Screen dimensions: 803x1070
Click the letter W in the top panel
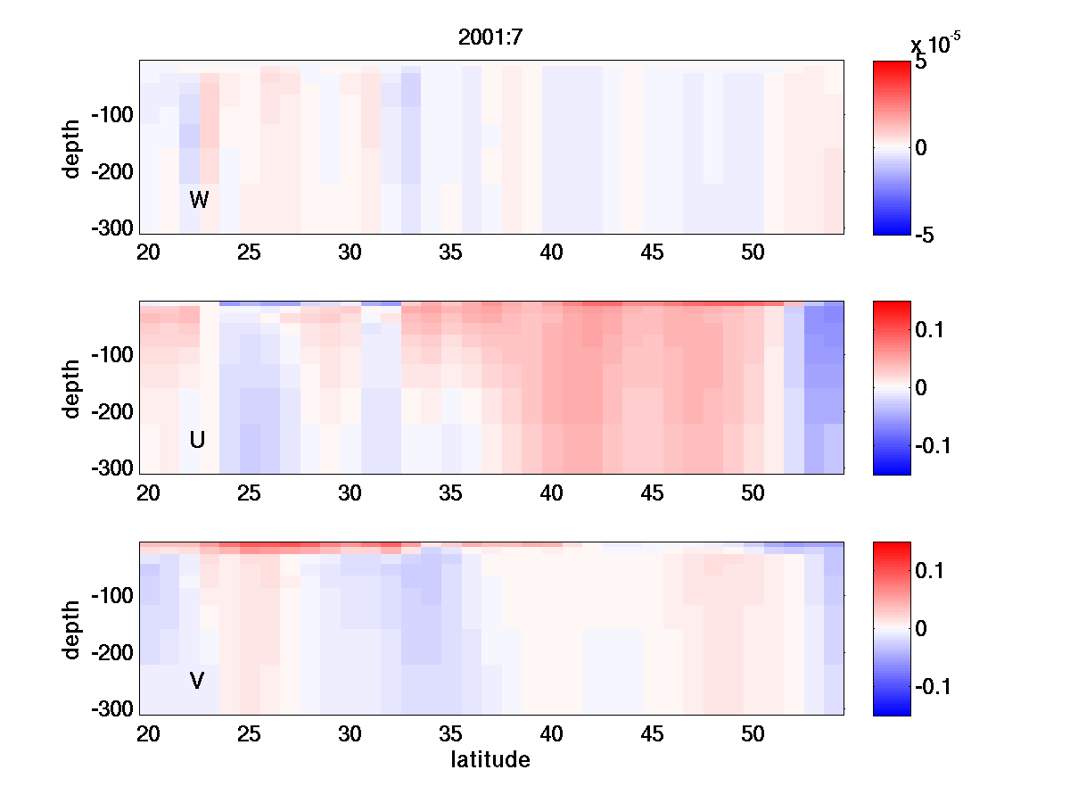click(x=199, y=200)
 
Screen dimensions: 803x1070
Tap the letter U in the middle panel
click(x=198, y=440)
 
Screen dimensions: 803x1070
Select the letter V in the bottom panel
click(x=197, y=681)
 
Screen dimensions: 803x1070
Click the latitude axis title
click(x=490, y=760)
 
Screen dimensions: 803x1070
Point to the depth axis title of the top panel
click(x=71, y=147)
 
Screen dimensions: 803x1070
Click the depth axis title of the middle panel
click(x=71, y=387)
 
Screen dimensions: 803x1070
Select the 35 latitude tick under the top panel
click(x=451, y=252)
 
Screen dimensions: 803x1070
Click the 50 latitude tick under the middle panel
click(x=753, y=493)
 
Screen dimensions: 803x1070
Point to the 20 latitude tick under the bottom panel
click(x=148, y=734)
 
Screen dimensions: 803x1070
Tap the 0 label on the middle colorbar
click(x=922, y=388)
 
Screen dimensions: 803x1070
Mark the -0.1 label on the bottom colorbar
click(x=933, y=686)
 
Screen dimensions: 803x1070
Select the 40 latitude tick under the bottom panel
click(x=552, y=734)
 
